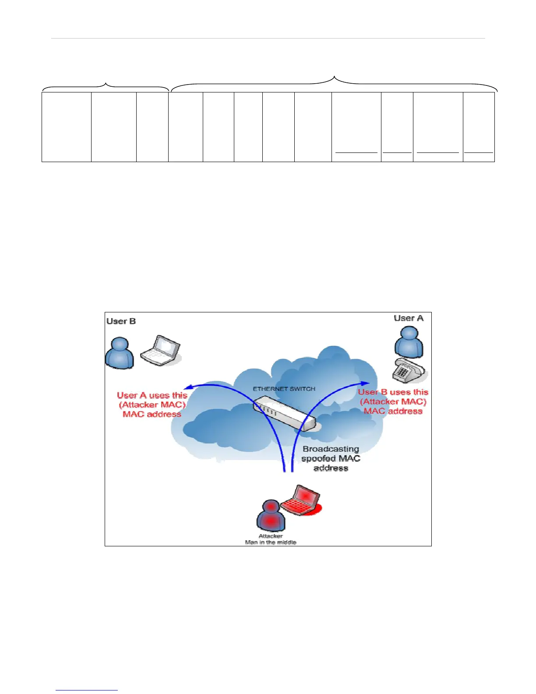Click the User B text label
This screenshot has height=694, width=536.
pos(121,321)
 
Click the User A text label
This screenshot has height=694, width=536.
pos(408,318)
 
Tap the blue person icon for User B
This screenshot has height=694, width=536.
pos(120,353)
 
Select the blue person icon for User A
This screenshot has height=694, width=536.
pos(409,342)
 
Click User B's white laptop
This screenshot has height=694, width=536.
pos(160,351)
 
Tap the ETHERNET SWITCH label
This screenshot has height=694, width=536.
pos(284,389)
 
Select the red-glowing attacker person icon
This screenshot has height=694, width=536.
pos(271,516)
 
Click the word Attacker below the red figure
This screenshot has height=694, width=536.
pos(271,536)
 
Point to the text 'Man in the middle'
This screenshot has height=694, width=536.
pos(271,542)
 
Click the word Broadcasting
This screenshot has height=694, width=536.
pos(331,449)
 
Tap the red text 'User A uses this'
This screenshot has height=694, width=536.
pos(152,395)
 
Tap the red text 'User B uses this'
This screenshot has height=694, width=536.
pos(393,392)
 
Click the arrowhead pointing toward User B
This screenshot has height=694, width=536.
pos(187,387)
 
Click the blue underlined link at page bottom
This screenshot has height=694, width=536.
pos(87,689)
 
